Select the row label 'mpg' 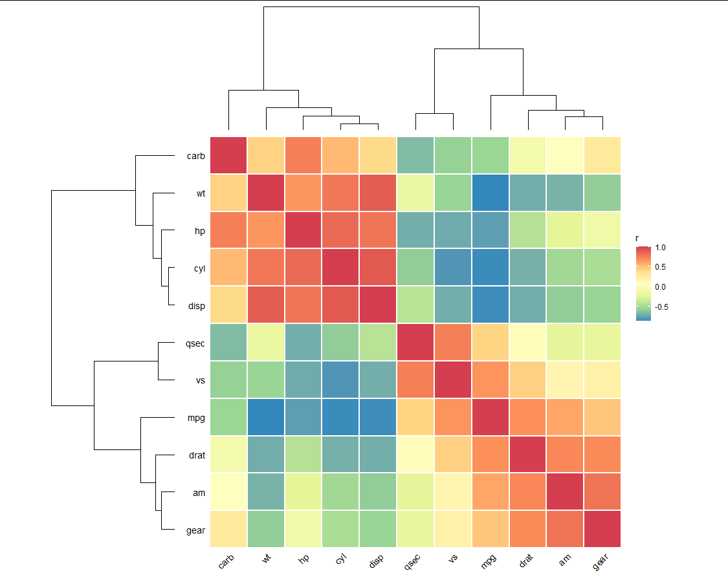195,418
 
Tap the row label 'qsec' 195,343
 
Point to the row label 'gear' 195,530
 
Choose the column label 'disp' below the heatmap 377,561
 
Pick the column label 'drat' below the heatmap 527,561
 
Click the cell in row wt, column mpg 491,193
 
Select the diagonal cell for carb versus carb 228,155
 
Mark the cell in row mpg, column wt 266,417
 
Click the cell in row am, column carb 228,492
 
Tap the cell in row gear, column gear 602,529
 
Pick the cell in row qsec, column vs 453,342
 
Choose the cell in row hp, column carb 228,230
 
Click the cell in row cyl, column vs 453,267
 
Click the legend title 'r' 637,239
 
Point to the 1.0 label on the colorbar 661,248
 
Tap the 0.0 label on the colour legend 661,287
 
